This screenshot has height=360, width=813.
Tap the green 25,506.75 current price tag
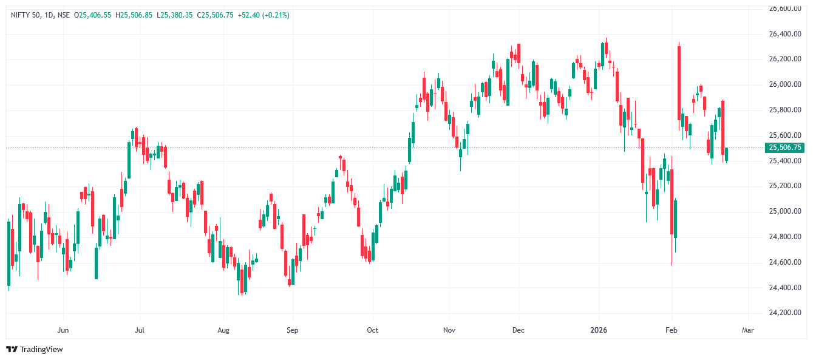[x=784, y=148]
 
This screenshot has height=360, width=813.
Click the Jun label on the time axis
[x=62, y=330]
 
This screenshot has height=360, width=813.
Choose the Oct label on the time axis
[x=372, y=330]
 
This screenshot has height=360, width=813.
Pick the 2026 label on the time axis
[x=599, y=330]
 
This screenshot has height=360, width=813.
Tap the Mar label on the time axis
[x=747, y=330]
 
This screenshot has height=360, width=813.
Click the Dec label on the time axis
[x=518, y=330]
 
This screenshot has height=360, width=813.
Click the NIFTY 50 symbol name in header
[x=26, y=15]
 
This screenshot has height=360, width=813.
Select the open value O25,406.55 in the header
[x=92, y=15]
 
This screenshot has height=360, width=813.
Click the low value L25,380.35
[x=174, y=15]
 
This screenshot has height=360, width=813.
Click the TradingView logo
[x=35, y=349]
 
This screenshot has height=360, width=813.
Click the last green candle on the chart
[x=727, y=154]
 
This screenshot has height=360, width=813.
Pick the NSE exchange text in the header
[x=63, y=15]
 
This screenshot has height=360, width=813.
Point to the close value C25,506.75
[x=216, y=15]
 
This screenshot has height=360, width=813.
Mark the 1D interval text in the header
[x=49, y=15]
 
